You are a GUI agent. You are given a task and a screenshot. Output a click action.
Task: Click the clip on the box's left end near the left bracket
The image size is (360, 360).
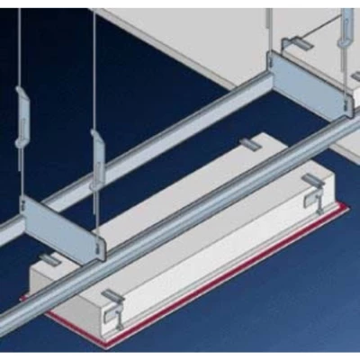pyautogui.click(x=51, y=261)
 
